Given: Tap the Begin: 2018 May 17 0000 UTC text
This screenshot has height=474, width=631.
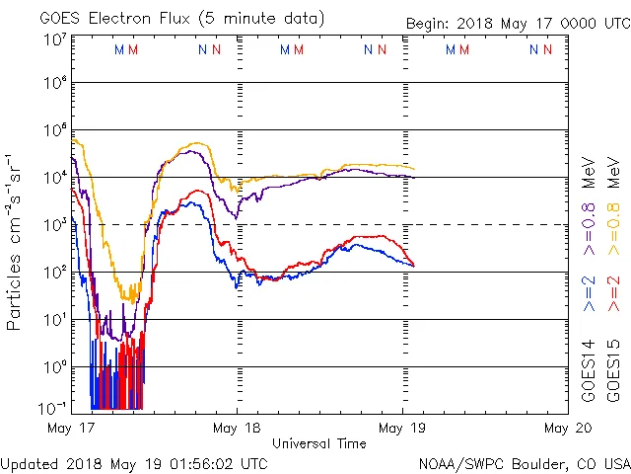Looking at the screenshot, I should click(x=517, y=24).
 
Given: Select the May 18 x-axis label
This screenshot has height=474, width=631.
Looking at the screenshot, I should click(x=236, y=429).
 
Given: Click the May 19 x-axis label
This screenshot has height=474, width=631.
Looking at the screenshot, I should click(x=401, y=429).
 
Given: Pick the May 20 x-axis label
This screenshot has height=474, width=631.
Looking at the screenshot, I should click(x=567, y=429).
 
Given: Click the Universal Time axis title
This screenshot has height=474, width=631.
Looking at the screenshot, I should click(x=318, y=443).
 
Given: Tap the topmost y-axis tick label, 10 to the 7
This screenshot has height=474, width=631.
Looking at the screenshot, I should click(x=55, y=39).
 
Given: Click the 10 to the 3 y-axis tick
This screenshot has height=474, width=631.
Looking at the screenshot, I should click(x=55, y=224).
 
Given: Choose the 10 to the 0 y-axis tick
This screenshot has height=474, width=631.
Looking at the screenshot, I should click(x=55, y=366).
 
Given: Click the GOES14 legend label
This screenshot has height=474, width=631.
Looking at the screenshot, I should click(x=589, y=370).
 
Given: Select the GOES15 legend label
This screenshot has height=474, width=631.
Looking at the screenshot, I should click(x=612, y=370).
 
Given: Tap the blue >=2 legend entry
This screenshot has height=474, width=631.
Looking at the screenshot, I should click(x=589, y=294).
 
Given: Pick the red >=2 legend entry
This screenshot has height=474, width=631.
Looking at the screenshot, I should click(x=612, y=294).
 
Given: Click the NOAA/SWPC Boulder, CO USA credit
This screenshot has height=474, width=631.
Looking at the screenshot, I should click(x=524, y=463).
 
